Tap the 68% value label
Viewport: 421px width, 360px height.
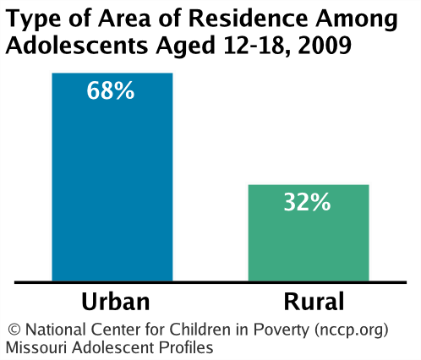pos(112,90)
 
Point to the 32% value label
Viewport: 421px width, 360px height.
pos(308,203)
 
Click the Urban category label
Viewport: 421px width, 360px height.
pos(115,302)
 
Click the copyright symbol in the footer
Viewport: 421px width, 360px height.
pos(14,330)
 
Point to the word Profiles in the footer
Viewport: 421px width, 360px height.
pos(186,347)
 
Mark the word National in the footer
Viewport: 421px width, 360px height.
pos(51,330)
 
